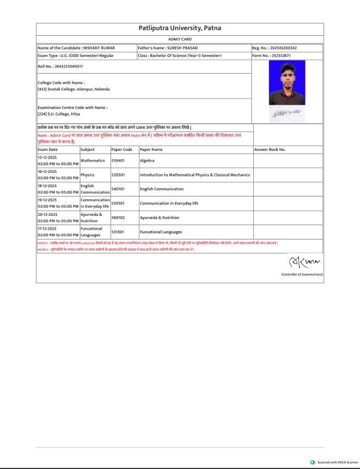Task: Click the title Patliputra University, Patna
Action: pyautogui.click(x=179, y=29)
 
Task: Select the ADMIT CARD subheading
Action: pyautogui.click(x=179, y=40)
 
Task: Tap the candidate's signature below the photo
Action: pyautogui.click(x=286, y=113)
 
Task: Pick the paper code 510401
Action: pyautogui.click(x=118, y=160)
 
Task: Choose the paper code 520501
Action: pyautogui.click(x=118, y=174)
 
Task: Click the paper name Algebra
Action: pyautogui.click(x=147, y=160)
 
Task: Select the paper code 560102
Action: pyautogui.click(x=118, y=217)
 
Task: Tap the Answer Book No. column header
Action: pyautogui.click(x=270, y=149)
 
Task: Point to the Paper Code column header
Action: pyautogui.click(x=122, y=149)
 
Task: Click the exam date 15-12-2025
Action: pyautogui.click(x=47, y=157)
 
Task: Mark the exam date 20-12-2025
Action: pyautogui.click(x=47, y=214)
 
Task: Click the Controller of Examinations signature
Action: pyautogui.click(x=303, y=259)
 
